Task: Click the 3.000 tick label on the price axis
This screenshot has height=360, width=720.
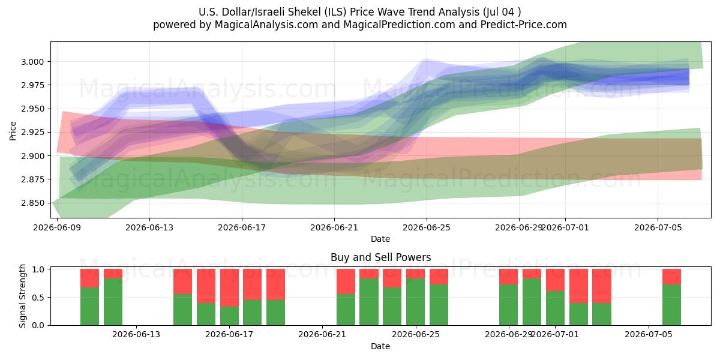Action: tap(32, 62)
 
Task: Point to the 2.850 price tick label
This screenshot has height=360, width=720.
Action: tap(32, 203)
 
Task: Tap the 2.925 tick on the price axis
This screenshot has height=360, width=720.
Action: tap(32, 132)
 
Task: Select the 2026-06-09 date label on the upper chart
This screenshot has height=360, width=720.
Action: tap(57, 227)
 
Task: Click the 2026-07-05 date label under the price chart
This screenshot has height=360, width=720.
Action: tap(658, 227)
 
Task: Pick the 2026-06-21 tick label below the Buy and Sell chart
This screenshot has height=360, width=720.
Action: tap(322, 334)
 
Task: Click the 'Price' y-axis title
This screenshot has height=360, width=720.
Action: tap(13, 131)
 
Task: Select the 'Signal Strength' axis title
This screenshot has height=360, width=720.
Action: tap(22, 296)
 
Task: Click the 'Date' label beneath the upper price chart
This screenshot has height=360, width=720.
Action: tap(380, 239)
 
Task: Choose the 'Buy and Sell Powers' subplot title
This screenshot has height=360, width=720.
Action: tap(380, 257)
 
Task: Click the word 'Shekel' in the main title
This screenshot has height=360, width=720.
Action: tap(305, 12)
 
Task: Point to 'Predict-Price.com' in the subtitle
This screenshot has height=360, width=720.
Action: tap(524, 25)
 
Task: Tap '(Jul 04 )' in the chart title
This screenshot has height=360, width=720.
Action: tap(502, 12)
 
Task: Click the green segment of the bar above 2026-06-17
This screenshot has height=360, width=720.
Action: tap(229, 316)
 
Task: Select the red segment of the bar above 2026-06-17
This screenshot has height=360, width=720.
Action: tap(229, 287)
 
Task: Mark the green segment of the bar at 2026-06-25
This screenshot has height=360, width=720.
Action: tap(415, 302)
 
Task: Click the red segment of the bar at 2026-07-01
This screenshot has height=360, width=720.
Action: tap(555, 280)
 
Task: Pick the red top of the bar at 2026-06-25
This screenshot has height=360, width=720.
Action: tap(415, 274)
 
